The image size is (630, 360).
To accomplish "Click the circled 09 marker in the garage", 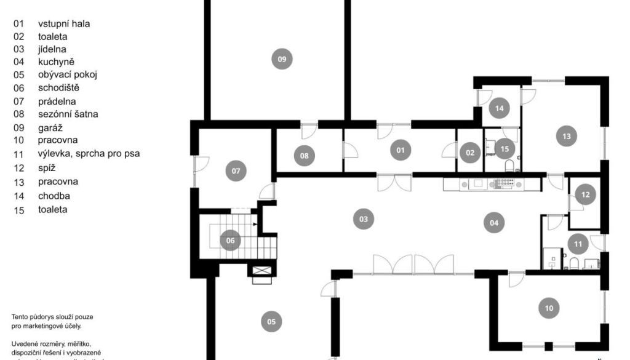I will pos(282,59).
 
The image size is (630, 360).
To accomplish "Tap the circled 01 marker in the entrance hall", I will pos(401,150).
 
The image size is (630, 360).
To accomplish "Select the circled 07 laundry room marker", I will pos(236,170).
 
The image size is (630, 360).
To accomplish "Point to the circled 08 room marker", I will pos(304,156).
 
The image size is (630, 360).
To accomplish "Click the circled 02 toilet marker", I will pos(471,153).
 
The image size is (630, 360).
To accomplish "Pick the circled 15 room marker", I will pos(505,148).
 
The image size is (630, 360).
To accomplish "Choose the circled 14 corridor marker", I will pos(500,108).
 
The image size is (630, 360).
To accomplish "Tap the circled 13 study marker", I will pos(566,135).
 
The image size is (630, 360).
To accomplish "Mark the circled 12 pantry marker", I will pos(585,194).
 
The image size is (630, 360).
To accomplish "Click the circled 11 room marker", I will pos(578,244).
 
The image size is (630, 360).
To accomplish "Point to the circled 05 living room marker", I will pos(271,321).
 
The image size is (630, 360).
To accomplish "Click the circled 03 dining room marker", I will pos(364,218).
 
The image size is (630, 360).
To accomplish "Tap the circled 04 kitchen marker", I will pos(494,223).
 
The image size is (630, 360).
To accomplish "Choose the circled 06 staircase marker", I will pos(231,241).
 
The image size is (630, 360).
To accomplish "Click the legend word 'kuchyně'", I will pos(56,62).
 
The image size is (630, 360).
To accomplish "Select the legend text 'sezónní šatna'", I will pos(68,114).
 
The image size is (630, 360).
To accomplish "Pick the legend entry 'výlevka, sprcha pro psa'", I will pos(89,154).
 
